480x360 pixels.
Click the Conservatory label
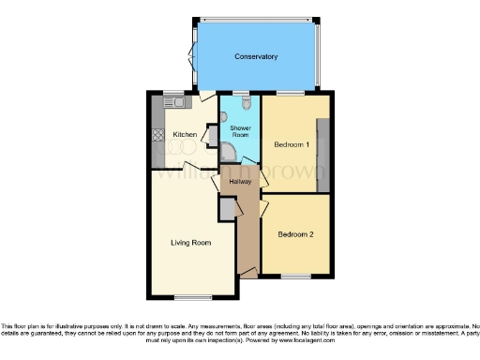tap(257, 56)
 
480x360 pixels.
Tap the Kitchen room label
tap(186, 135)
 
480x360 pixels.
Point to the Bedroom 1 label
tap(292, 145)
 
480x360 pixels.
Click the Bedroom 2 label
tap(294, 234)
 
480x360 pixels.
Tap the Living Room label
tap(190, 243)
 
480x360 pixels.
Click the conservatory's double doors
tap(194, 54)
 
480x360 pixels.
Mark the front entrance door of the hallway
tap(248, 272)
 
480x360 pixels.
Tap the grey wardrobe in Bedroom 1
tap(323, 156)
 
